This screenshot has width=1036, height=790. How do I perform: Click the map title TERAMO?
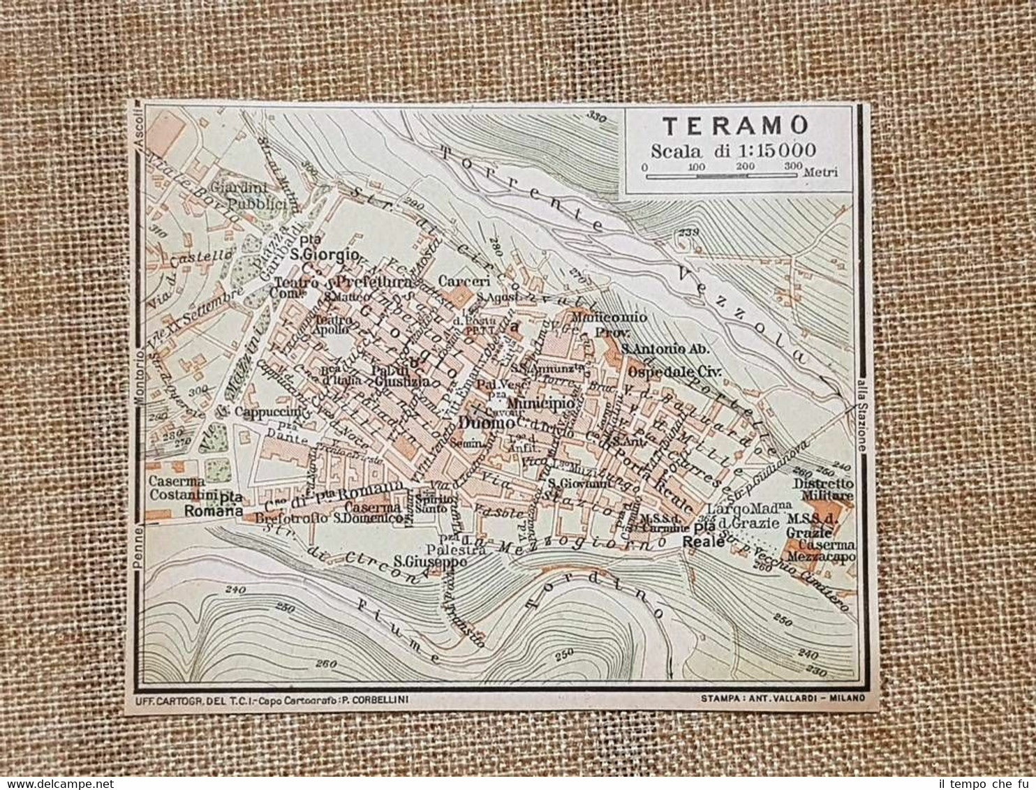(x=735, y=126)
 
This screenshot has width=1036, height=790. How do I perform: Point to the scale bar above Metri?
(x=720, y=176)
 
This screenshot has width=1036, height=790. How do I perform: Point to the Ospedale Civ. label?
(x=673, y=371)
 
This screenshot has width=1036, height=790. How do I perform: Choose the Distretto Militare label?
(x=823, y=489)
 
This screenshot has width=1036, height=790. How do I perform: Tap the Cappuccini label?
(x=268, y=412)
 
